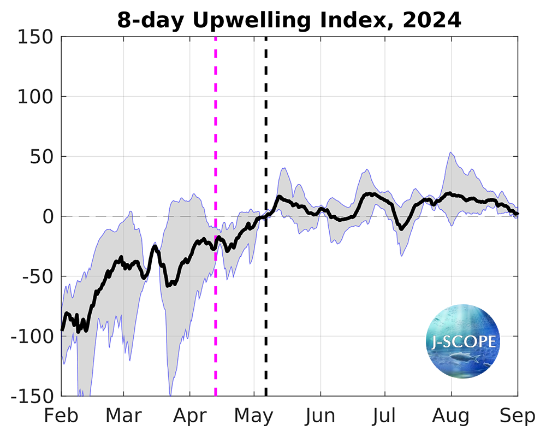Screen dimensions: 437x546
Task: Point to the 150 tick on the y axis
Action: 34,37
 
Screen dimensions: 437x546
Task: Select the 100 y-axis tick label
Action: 34,97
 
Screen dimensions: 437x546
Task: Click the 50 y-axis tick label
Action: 40,157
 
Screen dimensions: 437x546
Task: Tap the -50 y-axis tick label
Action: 36,276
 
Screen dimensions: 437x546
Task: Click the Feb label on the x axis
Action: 61,416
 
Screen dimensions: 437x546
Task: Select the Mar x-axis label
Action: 123,416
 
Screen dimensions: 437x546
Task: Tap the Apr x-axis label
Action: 190,417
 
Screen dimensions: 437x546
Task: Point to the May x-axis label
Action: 254,417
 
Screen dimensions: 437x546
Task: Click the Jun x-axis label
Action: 321,416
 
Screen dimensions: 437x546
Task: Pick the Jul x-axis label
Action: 385,416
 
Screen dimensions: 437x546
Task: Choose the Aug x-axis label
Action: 452,417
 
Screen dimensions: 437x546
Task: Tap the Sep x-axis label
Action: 518,417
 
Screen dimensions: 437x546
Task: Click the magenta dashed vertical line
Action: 216,137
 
